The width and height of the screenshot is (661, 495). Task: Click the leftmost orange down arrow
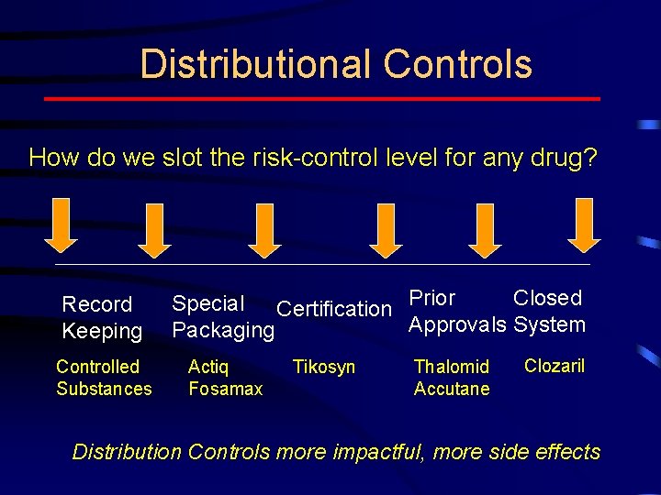pos(62,225)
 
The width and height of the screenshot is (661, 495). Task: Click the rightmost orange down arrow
pos(584,225)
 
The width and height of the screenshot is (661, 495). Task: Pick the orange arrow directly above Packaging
pos(264,229)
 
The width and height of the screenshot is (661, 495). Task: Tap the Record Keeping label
pos(101,317)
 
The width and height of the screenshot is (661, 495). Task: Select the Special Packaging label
pos(223,317)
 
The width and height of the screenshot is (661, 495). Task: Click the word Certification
pos(333,309)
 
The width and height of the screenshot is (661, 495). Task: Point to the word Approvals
pos(457,324)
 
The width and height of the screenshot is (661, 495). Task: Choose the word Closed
pos(547,298)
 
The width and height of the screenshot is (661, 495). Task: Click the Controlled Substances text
pos(104,378)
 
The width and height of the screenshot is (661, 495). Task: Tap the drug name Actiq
pos(208,367)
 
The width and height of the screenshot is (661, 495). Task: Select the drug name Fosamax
pos(225,389)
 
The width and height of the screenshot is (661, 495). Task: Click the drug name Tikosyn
pos(323,368)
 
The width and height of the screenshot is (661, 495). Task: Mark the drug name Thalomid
pos(452,367)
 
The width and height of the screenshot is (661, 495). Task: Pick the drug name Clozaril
pos(555,366)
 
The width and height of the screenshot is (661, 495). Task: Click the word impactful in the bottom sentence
pos(377,452)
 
